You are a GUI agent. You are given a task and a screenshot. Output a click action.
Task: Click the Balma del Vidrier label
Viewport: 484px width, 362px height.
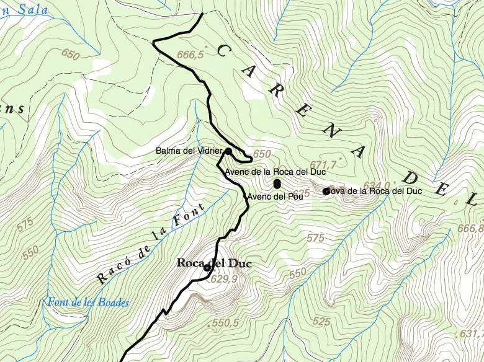click(x=189, y=151)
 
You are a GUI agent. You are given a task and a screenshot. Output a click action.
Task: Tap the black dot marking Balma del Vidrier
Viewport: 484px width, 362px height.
click(x=228, y=151)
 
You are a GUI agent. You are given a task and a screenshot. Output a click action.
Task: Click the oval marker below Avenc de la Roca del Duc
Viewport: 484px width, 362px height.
click(x=277, y=183)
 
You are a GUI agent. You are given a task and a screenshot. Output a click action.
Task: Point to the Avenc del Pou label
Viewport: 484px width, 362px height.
click(x=274, y=197)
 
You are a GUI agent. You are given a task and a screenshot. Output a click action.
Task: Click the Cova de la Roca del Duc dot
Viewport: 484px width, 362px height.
click(x=326, y=192)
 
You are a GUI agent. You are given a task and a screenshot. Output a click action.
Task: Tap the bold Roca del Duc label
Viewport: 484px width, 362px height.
click(x=213, y=263)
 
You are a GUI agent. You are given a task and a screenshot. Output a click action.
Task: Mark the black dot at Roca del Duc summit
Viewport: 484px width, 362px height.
click(x=207, y=268)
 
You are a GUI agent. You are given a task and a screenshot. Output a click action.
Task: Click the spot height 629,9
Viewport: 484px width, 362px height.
click(x=225, y=280)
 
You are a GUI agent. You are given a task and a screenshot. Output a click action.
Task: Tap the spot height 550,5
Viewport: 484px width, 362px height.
click(x=225, y=323)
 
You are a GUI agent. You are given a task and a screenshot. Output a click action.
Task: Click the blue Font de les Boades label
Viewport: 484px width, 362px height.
click(x=87, y=303)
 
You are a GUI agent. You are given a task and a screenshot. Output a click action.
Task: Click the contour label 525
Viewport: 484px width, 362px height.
click(x=321, y=321)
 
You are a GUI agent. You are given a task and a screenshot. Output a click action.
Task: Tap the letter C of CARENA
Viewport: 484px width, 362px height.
click(x=220, y=51)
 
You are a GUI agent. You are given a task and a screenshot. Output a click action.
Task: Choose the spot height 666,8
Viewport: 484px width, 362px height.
click(x=470, y=229)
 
